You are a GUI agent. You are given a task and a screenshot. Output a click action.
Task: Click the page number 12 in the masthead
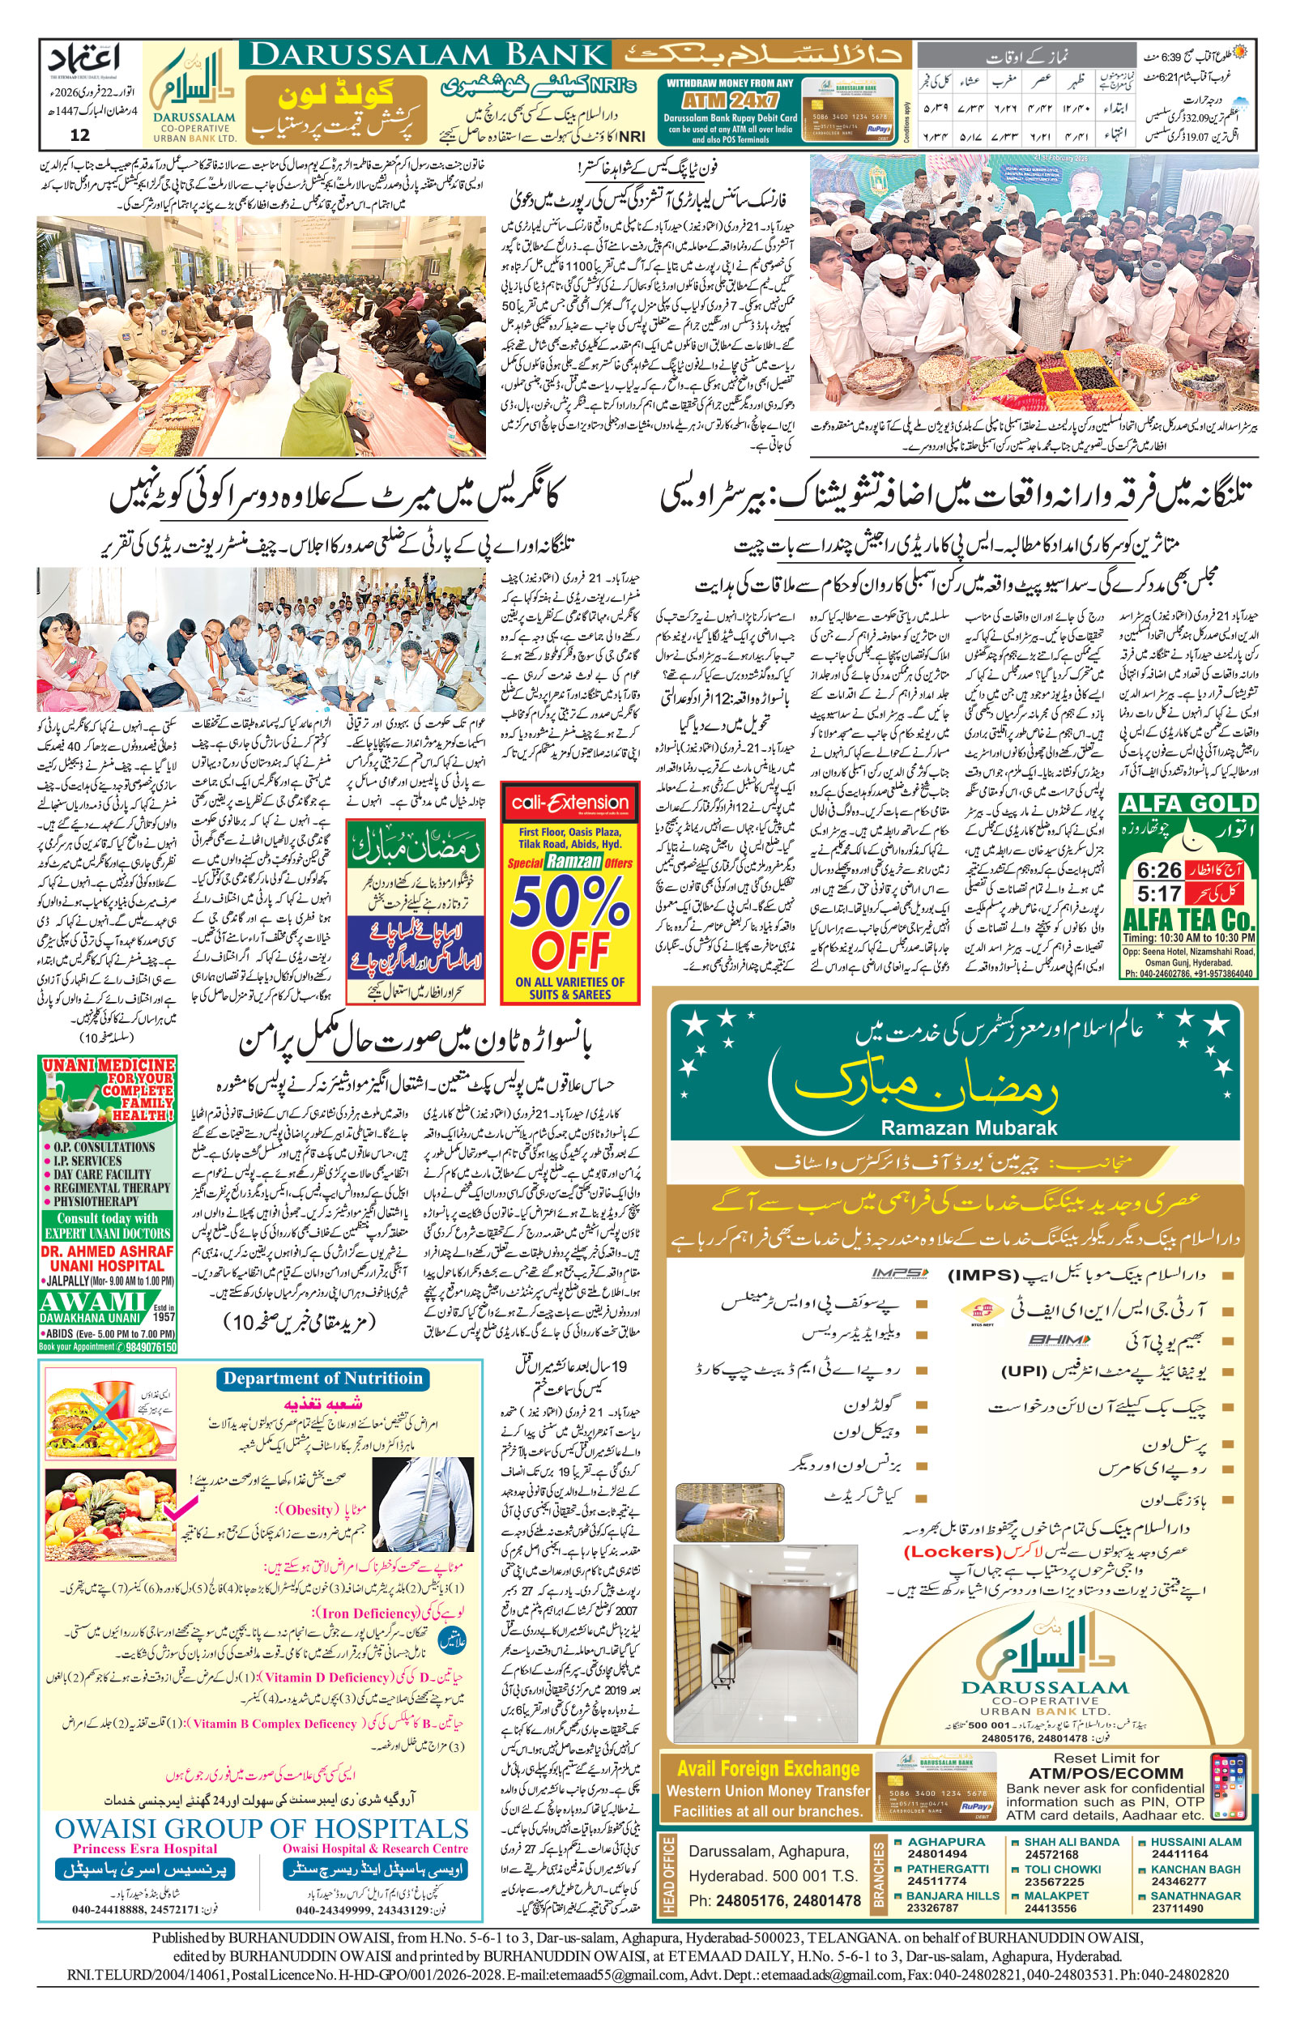tap(80, 134)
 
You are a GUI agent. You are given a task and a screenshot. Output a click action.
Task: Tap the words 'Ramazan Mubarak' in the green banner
tap(968, 1128)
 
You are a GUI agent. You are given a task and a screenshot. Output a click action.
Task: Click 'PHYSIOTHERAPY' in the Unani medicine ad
tap(95, 1201)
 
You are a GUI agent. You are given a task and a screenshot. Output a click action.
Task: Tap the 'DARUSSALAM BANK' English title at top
tap(428, 56)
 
